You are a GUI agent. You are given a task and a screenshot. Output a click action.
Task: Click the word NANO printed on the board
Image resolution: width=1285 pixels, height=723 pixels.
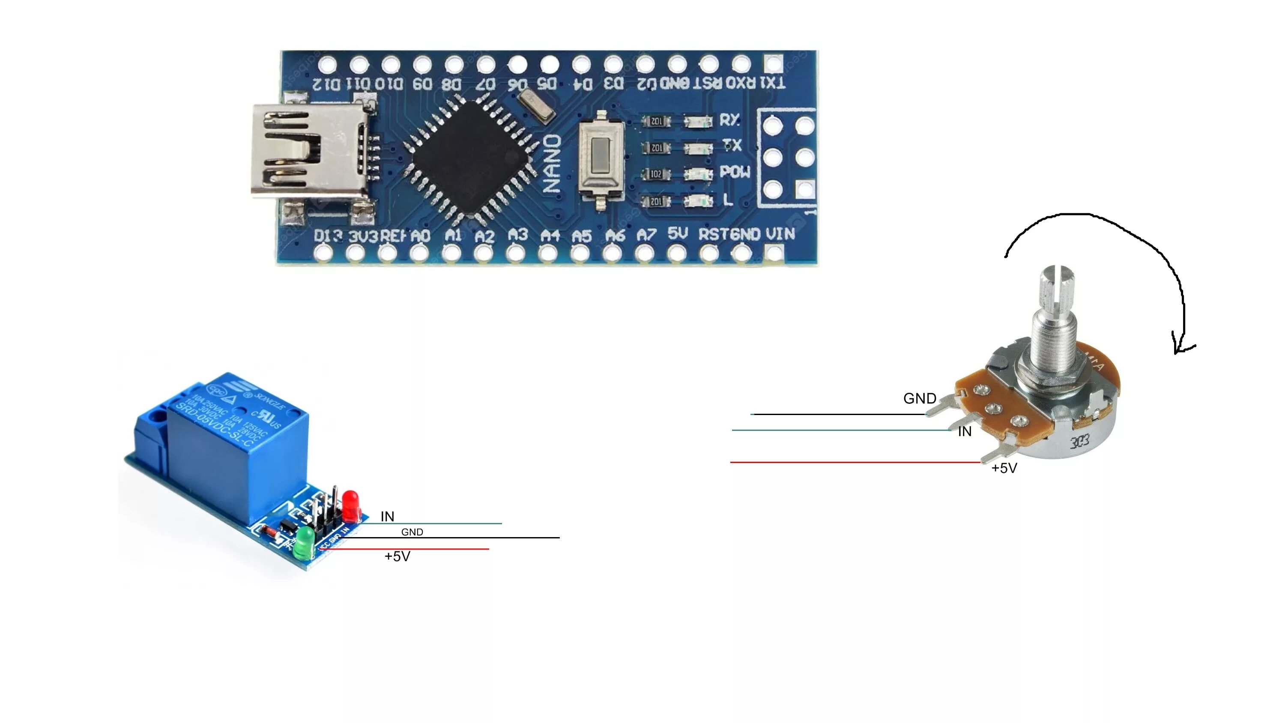pos(552,164)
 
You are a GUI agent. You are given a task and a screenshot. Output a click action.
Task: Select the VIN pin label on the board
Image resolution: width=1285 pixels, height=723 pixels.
pos(780,234)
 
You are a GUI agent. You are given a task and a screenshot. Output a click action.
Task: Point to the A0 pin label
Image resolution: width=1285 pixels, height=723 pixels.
pos(421,236)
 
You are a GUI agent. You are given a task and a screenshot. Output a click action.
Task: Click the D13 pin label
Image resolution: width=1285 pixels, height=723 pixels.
pos(328,236)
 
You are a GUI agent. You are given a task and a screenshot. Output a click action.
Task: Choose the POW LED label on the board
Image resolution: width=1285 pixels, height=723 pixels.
pos(734,172)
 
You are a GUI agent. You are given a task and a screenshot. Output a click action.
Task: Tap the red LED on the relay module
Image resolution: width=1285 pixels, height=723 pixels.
pos(350,505)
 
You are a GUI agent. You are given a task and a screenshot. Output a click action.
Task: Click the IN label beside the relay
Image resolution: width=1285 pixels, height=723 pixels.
pos(387,517)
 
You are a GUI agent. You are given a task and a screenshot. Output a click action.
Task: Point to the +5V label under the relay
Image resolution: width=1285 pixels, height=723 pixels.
pos(397,556)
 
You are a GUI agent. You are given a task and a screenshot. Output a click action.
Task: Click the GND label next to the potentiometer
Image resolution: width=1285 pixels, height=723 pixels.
pos(919,399)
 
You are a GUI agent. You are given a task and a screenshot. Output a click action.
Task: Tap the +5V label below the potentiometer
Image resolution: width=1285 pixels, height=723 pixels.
pos(1004,468)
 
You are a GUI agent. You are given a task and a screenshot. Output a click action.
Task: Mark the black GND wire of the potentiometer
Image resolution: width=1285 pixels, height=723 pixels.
pos(838,414)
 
